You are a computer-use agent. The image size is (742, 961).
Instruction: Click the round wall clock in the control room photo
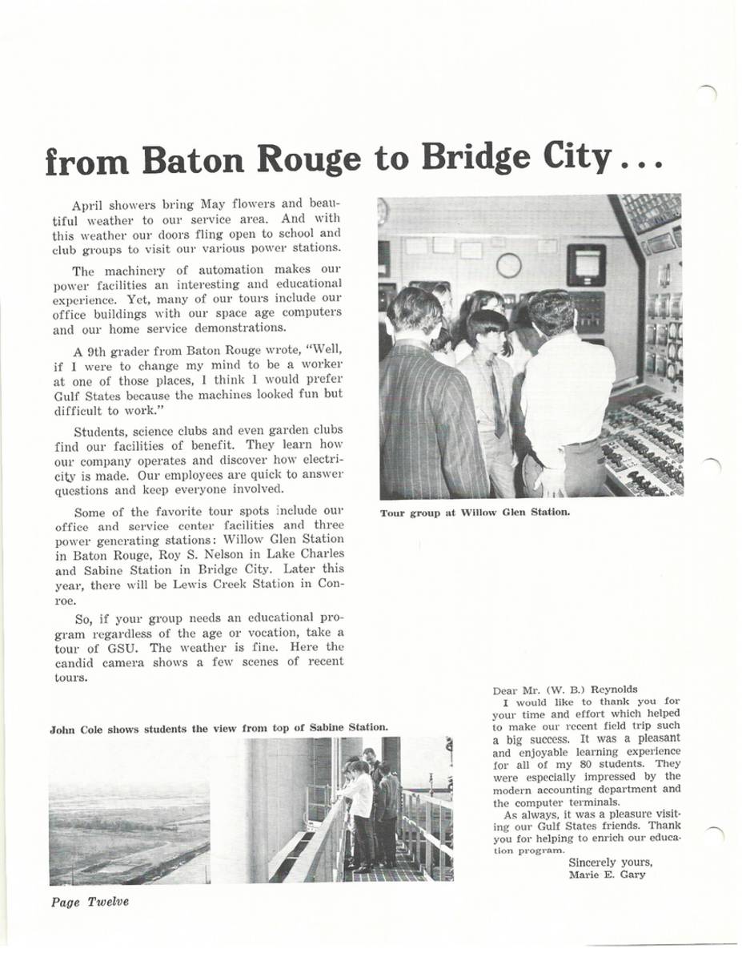[x=508, y=265]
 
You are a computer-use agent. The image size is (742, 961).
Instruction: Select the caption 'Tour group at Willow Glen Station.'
[x=475, y=513]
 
